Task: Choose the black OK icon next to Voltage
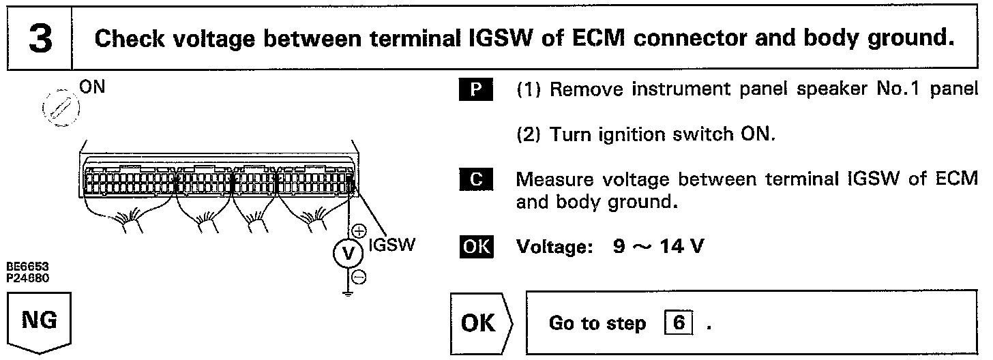(476, 246)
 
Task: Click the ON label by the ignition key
(92, 87)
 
